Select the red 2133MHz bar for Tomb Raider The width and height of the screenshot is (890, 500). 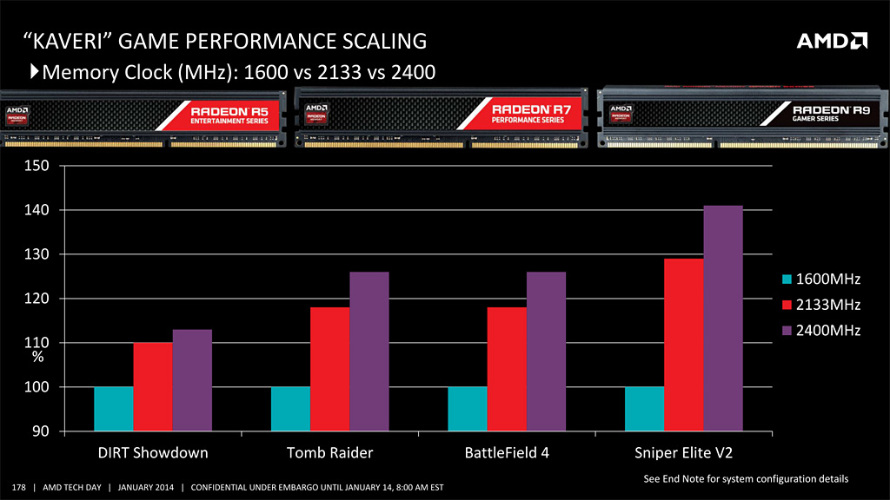(329, 369)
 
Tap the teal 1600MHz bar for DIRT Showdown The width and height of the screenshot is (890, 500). (113, 409)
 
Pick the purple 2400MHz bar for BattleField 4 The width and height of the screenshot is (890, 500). (546, 352)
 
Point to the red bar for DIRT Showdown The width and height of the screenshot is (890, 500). (153, 387)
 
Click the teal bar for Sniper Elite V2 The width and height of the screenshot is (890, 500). (644, 409)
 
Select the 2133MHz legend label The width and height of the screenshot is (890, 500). (828, 305)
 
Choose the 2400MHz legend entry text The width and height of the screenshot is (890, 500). (828, 330)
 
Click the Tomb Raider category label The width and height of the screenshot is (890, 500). (329, 453)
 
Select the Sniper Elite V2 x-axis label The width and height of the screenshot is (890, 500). (683, 453)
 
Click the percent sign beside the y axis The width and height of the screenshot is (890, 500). (38, 357)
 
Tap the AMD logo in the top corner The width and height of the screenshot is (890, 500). (832, 41)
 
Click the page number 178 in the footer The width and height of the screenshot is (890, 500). (19, 486)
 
